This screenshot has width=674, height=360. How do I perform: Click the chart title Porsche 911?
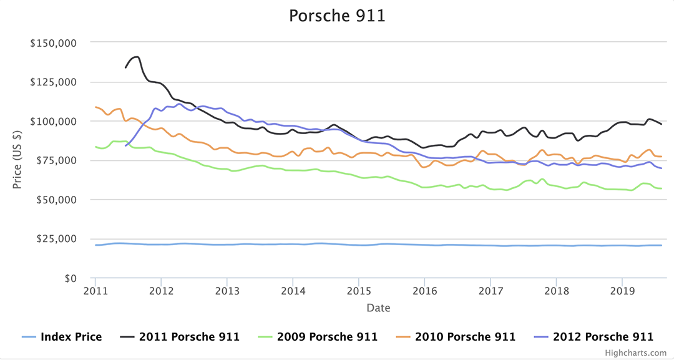[337, 16]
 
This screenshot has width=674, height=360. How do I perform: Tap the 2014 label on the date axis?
[293, 291]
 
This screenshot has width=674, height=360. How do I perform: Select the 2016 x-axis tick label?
[424, 291]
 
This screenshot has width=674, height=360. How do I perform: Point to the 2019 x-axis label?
[622, 291]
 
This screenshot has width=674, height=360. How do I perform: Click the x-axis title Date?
[379, 308]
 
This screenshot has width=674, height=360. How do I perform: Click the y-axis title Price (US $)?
[18, 160]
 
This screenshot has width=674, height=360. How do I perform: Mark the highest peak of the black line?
[136, 57]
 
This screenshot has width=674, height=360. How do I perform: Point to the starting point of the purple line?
[126, 145]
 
